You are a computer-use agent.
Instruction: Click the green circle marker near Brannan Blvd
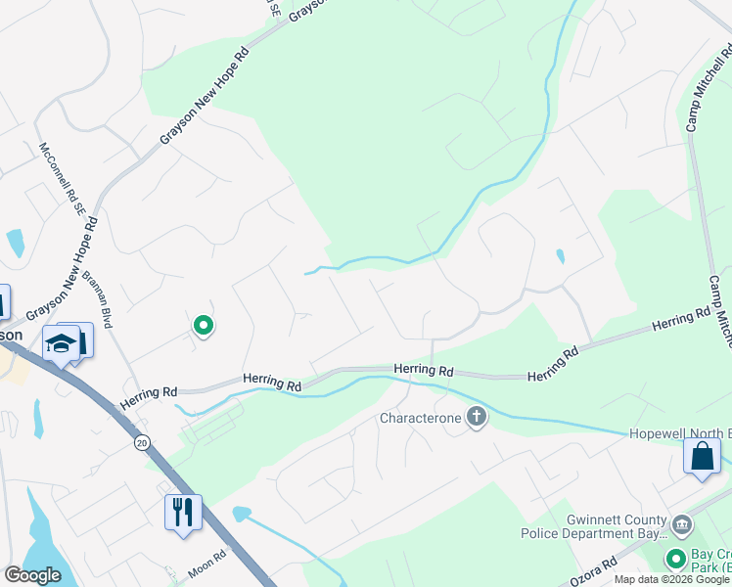point(204,325)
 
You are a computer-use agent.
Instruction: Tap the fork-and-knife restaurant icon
point(183,510)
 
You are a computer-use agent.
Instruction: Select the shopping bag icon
point(702,456)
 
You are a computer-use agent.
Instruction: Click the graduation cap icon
point(61,344)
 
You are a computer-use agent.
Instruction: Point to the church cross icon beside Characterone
point(476,418)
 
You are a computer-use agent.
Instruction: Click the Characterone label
point(420,419)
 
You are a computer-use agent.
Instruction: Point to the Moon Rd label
point(206,560)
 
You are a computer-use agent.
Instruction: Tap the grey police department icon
point(681,524)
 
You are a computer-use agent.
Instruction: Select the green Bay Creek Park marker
point(675,561)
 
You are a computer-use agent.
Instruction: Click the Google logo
point(32,575)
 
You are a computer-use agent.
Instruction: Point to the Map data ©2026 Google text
point(671,580)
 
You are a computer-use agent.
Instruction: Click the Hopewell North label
point(677,433)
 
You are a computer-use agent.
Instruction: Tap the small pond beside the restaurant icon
point(241,513)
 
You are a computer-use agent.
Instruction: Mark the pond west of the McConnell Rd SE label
point(15,243)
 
